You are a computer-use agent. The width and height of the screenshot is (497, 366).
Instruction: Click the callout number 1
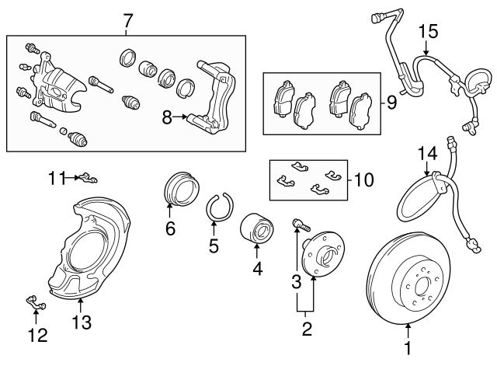pyautogui.click(x=408, y=350)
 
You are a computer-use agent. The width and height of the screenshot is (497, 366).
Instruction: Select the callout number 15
pyautogui.click(x=428, y=32)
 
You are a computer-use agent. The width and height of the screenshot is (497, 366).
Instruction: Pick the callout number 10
pyautogui.click(x=363, y=180)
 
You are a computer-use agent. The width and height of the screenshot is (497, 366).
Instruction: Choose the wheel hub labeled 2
pyautogui.click(x=321, y=258)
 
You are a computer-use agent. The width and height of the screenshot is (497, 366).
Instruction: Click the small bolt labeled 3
pyautogui.click(x=300, y=225)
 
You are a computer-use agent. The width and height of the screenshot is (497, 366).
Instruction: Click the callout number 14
pyautogui.click(x=428, y=152)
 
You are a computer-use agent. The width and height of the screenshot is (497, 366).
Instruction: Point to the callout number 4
pyautogui.click(x=256, y=269)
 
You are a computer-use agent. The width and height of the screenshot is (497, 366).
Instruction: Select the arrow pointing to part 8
pyautogui.click(x=185, y=117)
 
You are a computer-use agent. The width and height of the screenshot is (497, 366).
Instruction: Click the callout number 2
pyautogui.click(x=307, y=329)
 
